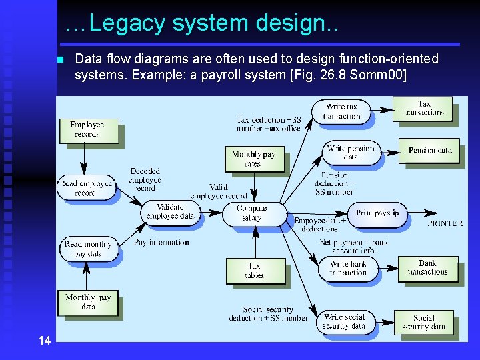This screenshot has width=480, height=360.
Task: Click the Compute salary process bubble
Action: coord(252,213)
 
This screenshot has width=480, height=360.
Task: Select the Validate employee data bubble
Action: coord(170,211)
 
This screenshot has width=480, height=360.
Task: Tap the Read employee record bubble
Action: coord(85,188)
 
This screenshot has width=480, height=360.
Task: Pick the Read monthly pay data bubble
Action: coord(88,249)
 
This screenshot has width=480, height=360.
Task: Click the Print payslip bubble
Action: coord(377,213)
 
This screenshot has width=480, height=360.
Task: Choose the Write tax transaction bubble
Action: coord(341,111)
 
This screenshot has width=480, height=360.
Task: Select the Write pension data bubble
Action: coord(351,153)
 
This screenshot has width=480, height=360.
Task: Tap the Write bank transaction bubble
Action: coord(348,268)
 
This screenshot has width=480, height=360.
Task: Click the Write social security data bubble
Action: coord(344,321)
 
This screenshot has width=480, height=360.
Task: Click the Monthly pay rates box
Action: coord(253,159)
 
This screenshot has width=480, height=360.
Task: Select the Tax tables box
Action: coord(254,270)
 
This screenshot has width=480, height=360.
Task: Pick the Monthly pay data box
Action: coord(88,302)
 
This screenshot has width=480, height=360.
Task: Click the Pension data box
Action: coord(429,150)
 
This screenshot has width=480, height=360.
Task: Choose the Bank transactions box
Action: coord(427,268)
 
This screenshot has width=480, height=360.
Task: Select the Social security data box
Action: coord(423,322)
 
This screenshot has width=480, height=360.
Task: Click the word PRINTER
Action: coord(445,223)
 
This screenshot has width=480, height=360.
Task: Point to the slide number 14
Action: coord(45,341)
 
